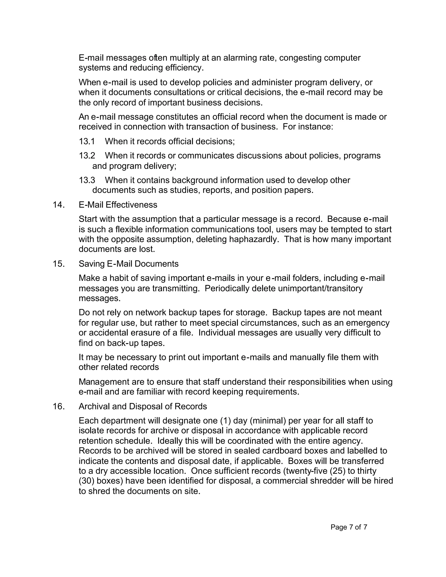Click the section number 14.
pyautogui.click(x=59, y=205)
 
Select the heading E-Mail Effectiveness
pyautogui.click(x=118, y=205)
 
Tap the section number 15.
pyautogui.click(x=59, y=264)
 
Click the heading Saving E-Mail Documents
pyautogui.click(x=128, y=264)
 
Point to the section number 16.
pyautogui.click(x=59, y=406)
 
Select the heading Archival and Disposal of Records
pyautogui.click(x=143, y=406)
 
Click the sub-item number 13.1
pyautogui.click(x=87, y=142)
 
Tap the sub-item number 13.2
pyautogui.click(x=87, y=156)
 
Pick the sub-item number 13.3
pyautogui.click(x=87, y=180)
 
